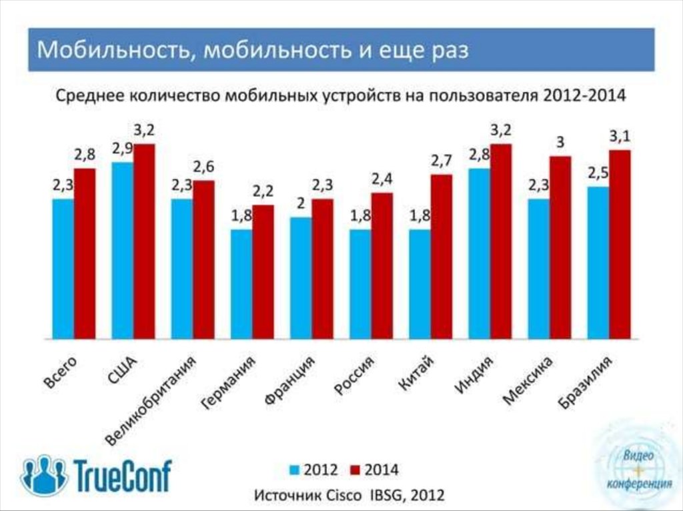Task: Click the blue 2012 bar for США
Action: pos(122,250)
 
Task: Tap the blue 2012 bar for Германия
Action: pos(241,284)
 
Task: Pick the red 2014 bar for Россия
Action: pos(382,266)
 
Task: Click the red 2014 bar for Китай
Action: pos(441,257)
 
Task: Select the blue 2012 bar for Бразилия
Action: pos(598,263)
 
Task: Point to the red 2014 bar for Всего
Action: pos(85,253)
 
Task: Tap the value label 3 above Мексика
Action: pos(560,141)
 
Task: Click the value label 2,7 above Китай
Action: pos(442,160)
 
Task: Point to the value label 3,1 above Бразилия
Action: pos(620,136)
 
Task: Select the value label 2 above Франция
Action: pos(301,203)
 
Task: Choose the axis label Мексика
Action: pos(528,381)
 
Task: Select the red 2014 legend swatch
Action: pos(354,470)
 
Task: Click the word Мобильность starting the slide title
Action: pos(111,51)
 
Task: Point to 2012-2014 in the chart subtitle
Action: pos(584,95)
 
